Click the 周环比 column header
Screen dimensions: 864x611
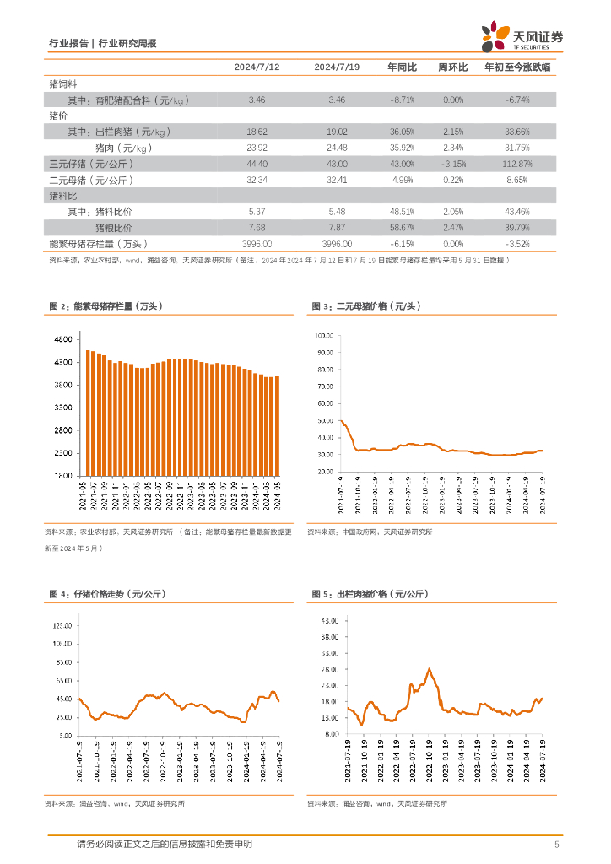point(453,67)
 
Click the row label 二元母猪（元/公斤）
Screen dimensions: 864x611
point(92,180)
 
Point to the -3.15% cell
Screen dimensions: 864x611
point(453,163)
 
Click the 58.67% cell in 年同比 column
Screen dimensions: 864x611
point(401,228)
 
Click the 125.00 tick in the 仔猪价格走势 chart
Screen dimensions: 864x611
point(62,626)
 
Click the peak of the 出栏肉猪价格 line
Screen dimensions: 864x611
point(430,669)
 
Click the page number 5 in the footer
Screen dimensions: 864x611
point(556,845)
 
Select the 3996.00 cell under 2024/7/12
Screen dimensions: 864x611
point(257,244)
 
